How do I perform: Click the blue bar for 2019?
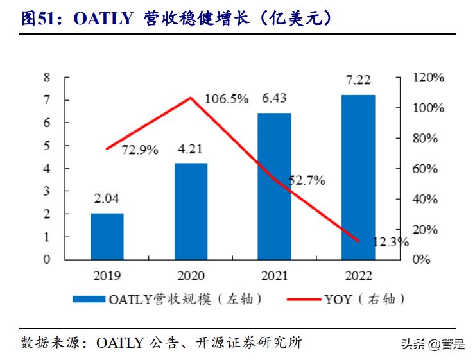[107, 236]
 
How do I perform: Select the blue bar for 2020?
[191, 211]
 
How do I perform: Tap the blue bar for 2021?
[274, 186]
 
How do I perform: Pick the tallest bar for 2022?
[358, 177]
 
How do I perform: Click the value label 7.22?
[358, 82]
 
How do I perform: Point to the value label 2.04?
[107, 199]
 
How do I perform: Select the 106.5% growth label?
[226, 98]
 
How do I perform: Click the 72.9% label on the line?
[140, 150]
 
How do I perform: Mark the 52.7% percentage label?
[306, 181]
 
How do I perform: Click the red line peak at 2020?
[191, 98]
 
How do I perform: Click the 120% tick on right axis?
[428, 78]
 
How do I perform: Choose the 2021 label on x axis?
[274, 276]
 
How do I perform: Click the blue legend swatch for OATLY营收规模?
[88, 299]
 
